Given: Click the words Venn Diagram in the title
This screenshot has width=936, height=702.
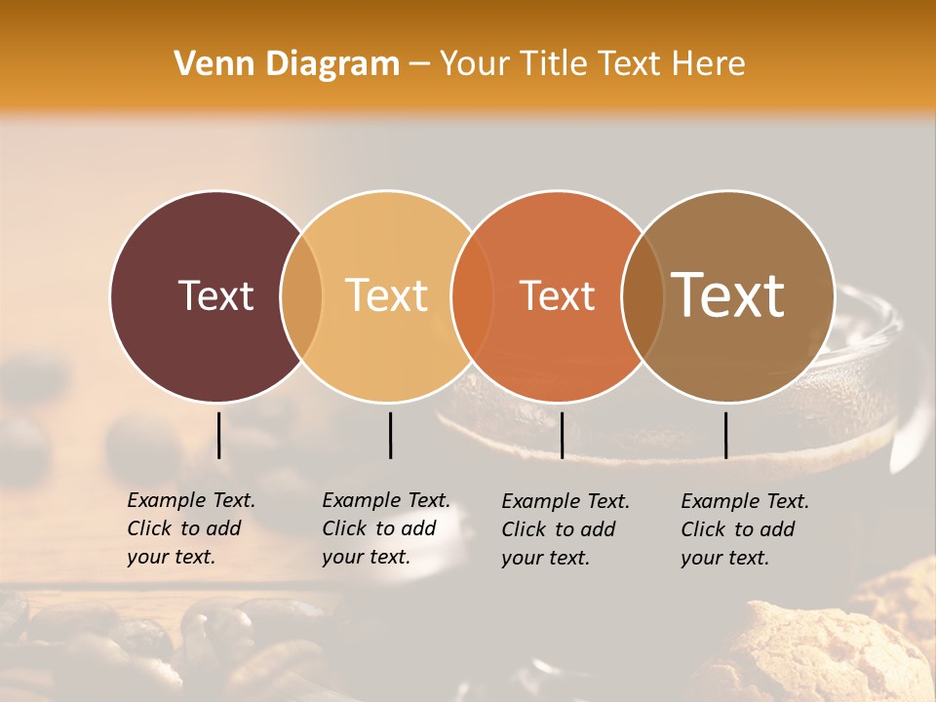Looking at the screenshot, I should [287, 64].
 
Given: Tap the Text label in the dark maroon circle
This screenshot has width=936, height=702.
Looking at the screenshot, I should [215, 295].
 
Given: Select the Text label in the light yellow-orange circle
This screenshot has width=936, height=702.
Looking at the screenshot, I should [387, 295].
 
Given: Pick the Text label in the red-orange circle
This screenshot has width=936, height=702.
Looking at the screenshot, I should [557, 295].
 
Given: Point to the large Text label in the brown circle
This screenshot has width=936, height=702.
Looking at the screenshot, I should [728, 294].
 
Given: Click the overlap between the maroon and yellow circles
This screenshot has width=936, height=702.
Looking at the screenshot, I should [302, 295].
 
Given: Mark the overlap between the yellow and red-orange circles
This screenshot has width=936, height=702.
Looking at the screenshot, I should [472, 295].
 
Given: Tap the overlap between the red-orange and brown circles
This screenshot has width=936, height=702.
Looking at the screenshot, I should [643, 295].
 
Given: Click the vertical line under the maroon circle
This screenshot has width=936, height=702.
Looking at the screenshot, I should [218, 435].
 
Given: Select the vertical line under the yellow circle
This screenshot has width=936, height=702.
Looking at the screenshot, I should [390, 435].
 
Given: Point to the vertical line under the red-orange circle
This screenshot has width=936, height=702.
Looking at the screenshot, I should [562, 435].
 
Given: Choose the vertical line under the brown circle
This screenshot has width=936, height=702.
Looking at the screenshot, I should [725, 435].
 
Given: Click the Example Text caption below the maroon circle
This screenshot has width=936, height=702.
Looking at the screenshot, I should [191, 528].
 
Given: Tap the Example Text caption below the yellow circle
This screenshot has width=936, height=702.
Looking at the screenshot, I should [386, 528].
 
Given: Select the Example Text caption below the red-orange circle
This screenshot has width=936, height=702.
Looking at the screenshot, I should [565, 529].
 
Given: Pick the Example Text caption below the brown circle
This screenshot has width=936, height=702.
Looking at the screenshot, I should [745, 529].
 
